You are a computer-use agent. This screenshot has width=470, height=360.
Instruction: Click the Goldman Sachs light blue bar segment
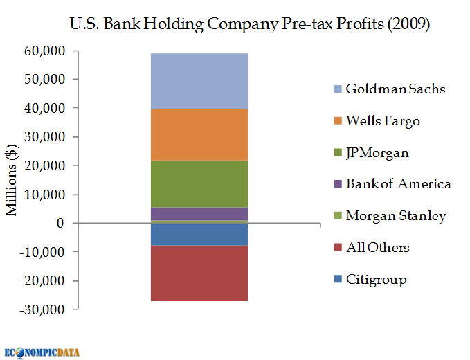click(x=199, y=81)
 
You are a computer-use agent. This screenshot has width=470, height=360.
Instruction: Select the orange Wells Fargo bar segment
click(x=199, y=134)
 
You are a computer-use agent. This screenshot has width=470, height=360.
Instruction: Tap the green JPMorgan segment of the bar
click(x=199, y=183)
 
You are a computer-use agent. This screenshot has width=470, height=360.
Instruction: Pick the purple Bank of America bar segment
click(x=199, y=214)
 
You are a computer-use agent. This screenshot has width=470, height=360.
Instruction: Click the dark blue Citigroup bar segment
click(x=199, y=235)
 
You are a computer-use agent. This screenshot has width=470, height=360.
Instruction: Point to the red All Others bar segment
click(x=199, y=273)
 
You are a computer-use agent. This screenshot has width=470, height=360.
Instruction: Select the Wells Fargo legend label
click(x=383, y=121)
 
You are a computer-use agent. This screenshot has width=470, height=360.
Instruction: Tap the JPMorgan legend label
click(x=377, y=153)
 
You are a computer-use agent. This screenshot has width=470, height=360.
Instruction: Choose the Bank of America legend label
click(x=398, y=184)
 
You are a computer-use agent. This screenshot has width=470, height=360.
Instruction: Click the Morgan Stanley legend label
click(x=396, y=216)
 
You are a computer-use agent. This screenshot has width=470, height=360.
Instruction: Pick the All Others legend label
click(x=377, y=248)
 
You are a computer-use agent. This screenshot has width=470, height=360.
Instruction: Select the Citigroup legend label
click(x=376, y=280)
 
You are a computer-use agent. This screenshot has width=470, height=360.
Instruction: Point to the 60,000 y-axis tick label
click(x=44, y=51)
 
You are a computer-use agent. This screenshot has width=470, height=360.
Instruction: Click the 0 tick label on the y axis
click(x=61, y=224)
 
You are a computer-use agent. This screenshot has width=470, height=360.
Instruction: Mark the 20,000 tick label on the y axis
click(x=44, y=166)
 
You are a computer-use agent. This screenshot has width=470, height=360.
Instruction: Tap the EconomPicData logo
click(x=42, y=352)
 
